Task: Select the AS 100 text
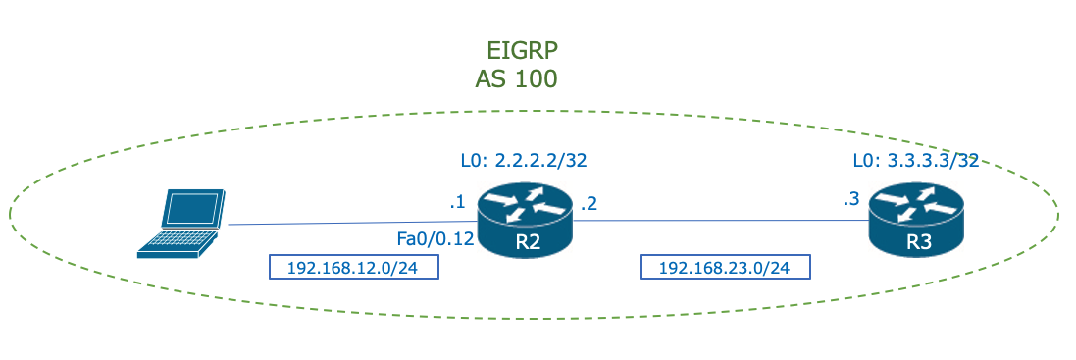(x=516, y=79)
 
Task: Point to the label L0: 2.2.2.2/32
(x=524, y=159)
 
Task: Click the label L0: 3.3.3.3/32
(x=916, y=161)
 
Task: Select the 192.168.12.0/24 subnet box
(x=354, y=267)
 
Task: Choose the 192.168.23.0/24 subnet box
(x=727, y=267)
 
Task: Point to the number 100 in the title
(x=537, y=79)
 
